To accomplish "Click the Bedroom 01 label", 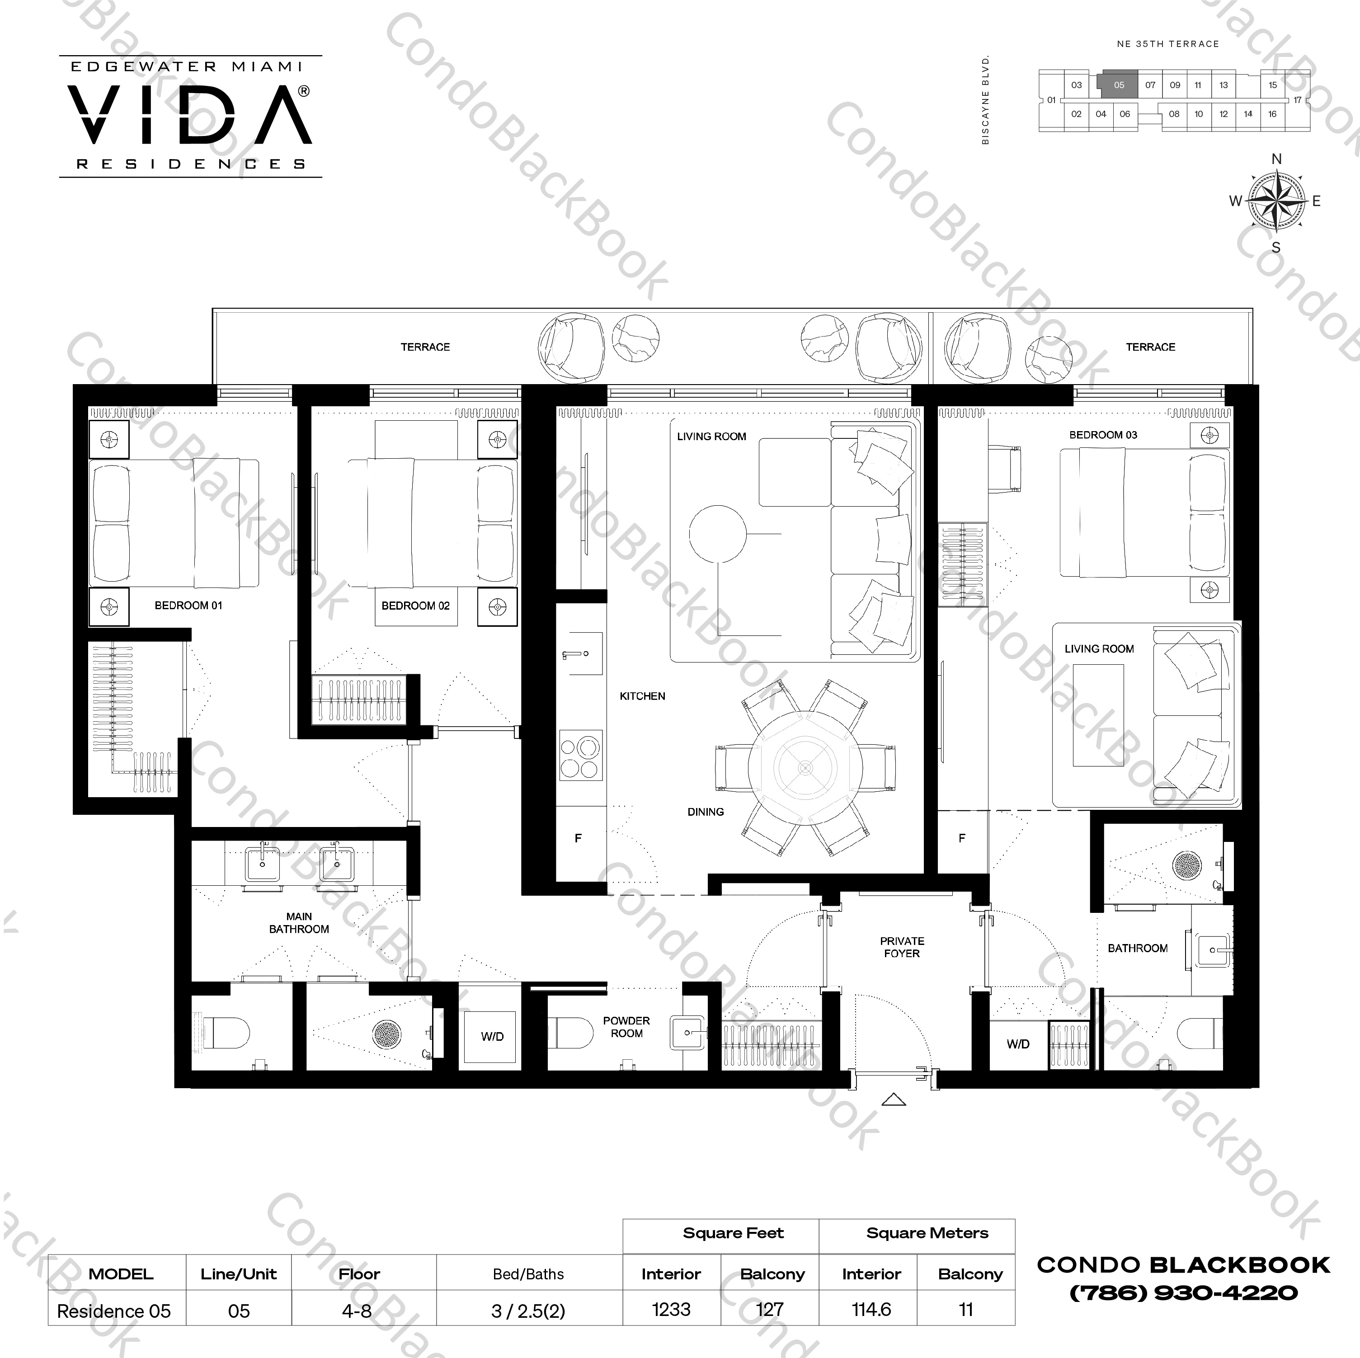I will pos(188,606).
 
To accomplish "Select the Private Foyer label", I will pos(902,947).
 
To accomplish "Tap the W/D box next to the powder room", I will pos(492,1036).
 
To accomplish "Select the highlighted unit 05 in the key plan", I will pos(1119,85).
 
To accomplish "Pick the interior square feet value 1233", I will pos(671,1310).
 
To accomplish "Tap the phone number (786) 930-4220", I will pos(1183,1292).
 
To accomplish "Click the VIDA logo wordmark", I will pos(190,115).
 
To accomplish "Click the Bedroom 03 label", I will pos(1103,435).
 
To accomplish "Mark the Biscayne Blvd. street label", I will pos(985,99).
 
